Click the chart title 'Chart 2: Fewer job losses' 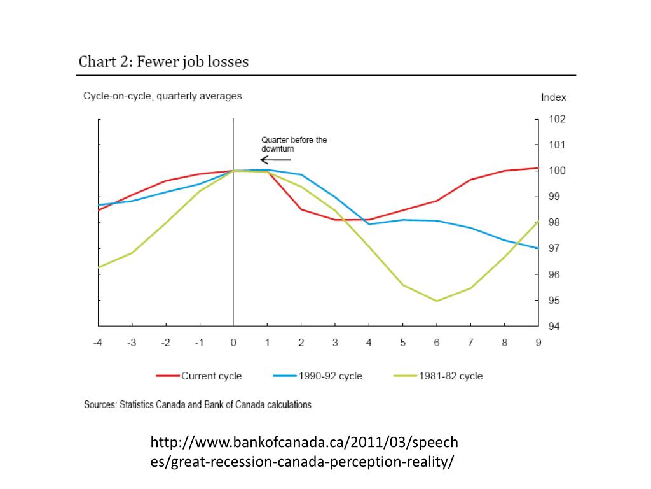163,62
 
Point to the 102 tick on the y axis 558,119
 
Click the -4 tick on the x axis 98,343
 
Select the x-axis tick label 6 437,343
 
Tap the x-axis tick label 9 538,343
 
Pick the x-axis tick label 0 233,343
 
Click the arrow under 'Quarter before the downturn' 275,160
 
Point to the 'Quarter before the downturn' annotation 294,144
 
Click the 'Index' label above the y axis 553,97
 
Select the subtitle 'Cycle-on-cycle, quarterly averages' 163,96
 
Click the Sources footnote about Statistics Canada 198,404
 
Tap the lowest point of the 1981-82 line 437,301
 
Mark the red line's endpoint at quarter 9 538,168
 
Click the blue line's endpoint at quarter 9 538,248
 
